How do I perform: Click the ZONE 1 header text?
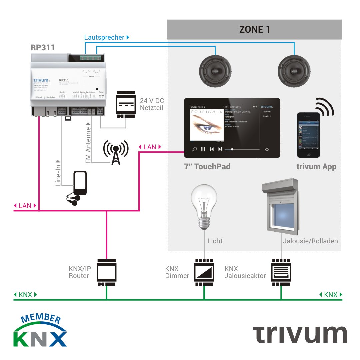click(254, 29)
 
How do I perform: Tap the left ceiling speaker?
click(215, 71)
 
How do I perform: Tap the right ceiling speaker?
click(294, 71)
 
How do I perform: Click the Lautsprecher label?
click(104, 38)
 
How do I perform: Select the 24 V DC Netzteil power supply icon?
click(126, 104)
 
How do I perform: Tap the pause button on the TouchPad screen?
click(203, 149)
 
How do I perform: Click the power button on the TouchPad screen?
click(267, 150)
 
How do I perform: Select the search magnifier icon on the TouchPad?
click(194, 149)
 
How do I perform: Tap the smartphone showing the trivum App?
click(308, 135)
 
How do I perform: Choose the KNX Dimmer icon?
click(204, 272)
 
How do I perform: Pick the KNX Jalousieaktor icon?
click(281, 272)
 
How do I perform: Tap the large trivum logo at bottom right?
click(299, 334)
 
